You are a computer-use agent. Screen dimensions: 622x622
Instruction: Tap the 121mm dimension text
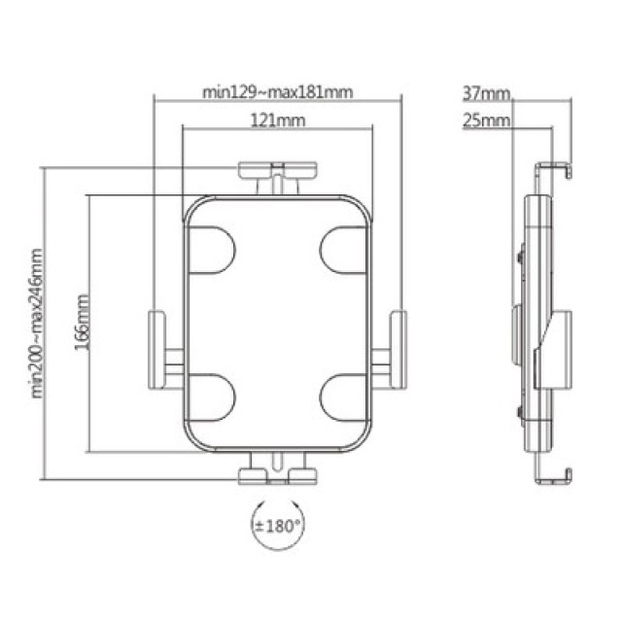click(x=277, y=121)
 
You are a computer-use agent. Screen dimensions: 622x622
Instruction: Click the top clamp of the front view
click(x=277, y=172)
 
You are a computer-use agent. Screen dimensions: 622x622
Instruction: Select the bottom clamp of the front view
click(x=278, y=474)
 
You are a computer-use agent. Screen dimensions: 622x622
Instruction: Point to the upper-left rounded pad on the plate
click(x=210, y=250)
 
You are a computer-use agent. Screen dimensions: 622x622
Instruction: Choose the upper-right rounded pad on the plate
click(x=345, y=250)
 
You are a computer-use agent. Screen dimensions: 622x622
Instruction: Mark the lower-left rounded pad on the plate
click(x=210, y=396)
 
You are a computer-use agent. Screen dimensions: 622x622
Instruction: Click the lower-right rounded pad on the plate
click(x=345, y=396)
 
